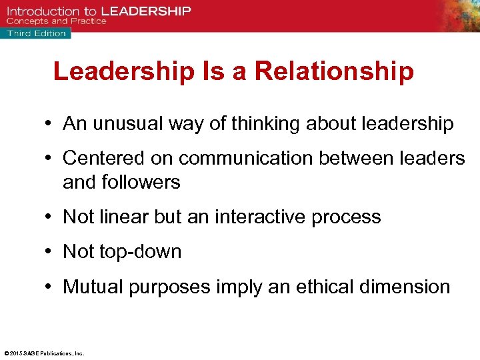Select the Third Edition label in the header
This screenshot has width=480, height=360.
coord(37,33)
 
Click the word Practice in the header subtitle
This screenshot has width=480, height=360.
coord(89,21)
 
